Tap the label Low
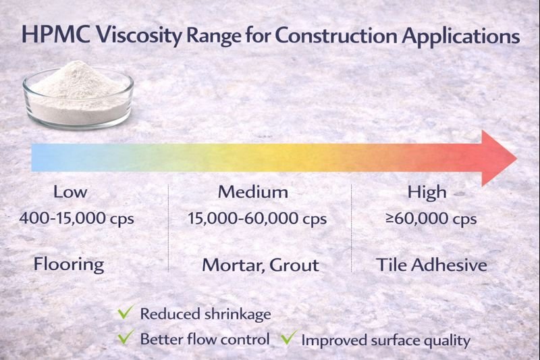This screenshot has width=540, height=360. (x=70, y=192)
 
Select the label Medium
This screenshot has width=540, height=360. (x=253, y=192)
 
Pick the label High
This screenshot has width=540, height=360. (x=427, y=192)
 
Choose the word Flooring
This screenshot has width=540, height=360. (x=69, y=263)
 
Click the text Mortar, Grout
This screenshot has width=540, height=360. (x=261, y=265)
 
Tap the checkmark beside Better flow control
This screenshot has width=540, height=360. (x=125, y=336)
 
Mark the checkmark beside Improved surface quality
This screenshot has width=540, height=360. (x=288, y=336)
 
